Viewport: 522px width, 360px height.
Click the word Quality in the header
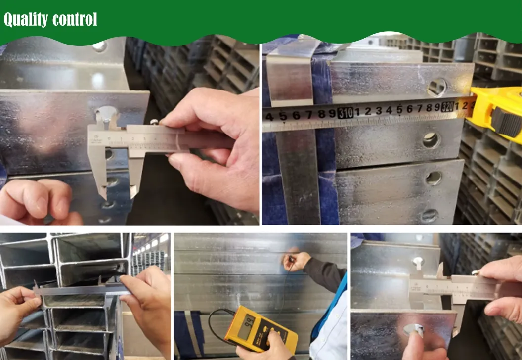(x=25, y=20)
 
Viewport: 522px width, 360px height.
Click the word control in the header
(x=75, y=20)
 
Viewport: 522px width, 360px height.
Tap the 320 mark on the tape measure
(x=448, y=107)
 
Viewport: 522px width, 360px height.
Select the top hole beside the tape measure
(x=437, y=87)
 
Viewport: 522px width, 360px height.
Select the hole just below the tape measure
(x=431, y=140)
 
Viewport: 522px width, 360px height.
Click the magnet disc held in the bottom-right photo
(x=413, y=330)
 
